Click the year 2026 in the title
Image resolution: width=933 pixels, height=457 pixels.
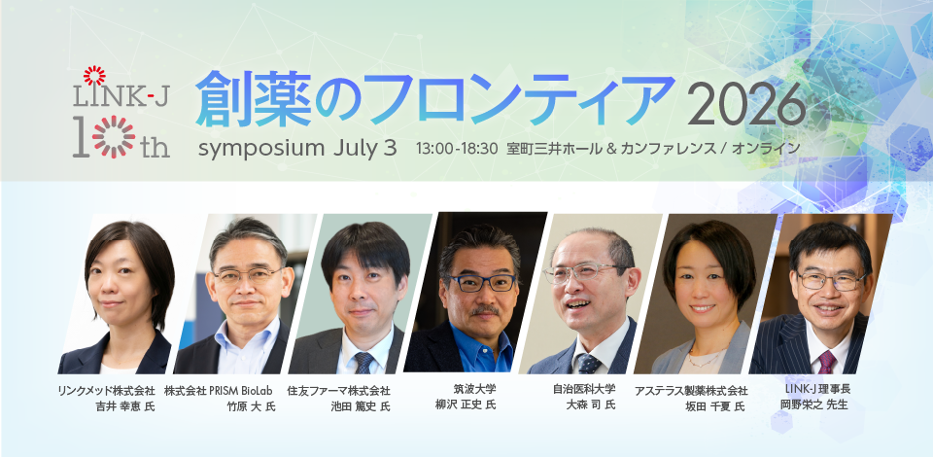pos(746,104)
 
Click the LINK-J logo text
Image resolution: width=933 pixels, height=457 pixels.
pos(121,94)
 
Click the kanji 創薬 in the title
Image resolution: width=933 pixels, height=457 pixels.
pos(254,100)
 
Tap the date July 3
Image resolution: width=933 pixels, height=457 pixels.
pos(364,149)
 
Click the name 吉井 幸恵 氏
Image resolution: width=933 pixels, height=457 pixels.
pos(125,406)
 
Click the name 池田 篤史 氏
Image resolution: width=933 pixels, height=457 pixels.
pos(361,406)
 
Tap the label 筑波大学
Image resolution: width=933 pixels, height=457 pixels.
pos(475,389)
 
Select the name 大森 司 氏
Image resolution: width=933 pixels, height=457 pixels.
pos(591,404)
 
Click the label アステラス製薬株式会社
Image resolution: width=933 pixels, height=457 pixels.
pos(691,391)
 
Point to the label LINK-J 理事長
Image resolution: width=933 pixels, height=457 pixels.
pos(817,389)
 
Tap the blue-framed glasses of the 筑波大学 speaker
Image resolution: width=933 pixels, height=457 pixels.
pos(484,283)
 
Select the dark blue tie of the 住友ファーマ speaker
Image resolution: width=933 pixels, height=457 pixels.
pos(363,363)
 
